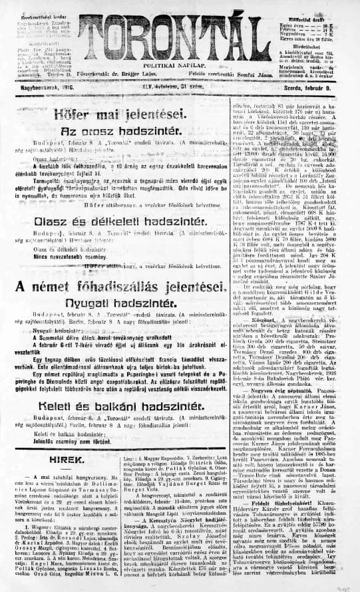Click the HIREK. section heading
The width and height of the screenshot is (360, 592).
tap(50, 459)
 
